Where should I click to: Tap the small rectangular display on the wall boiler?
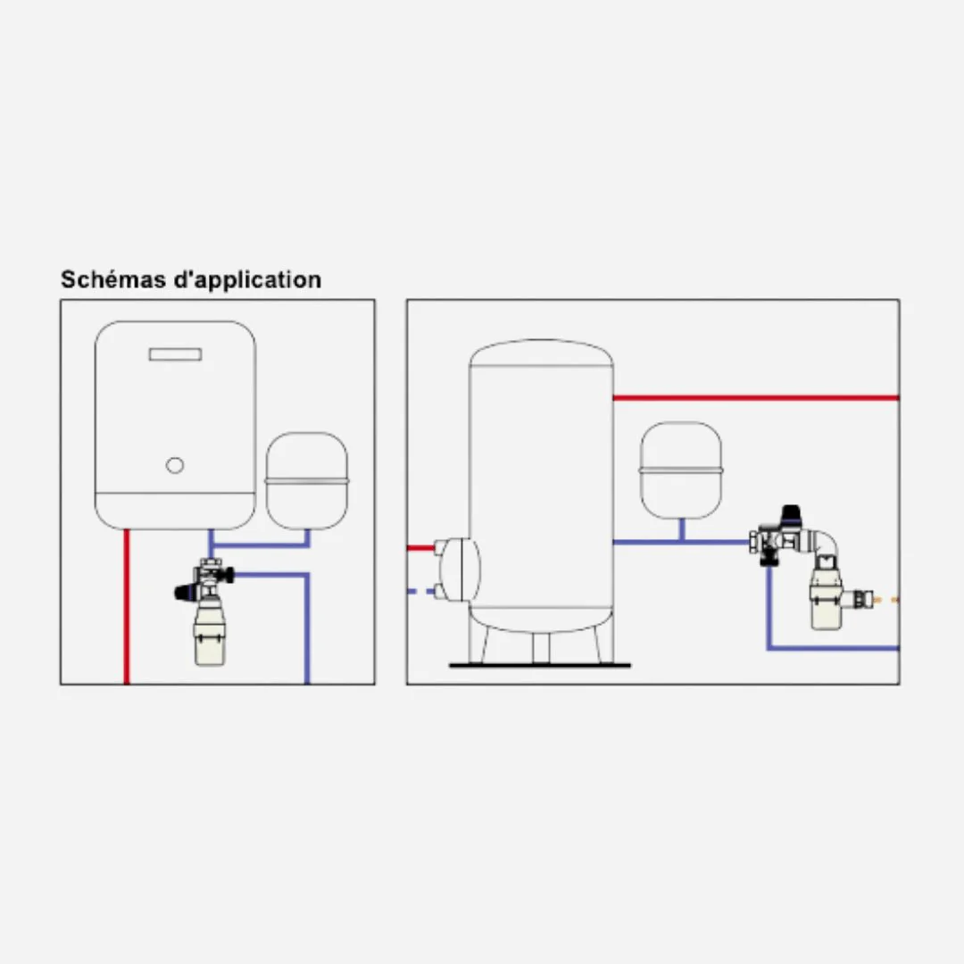click(175, 354)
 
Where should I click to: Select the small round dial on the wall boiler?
click(175, 465)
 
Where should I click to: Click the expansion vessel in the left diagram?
click(307, 481)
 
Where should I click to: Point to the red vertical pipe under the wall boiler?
click(127, 606)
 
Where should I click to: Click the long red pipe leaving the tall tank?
click(756, 398)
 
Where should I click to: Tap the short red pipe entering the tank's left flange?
click(421, 548)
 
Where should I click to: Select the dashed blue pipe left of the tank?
click(421, 592)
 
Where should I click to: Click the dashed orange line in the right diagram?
click(886, 600)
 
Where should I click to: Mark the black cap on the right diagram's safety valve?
click(791, 515)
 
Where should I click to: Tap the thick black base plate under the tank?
click(540, 665)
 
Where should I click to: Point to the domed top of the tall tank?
click(541, 353)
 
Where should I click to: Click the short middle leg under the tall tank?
click(540, 647)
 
